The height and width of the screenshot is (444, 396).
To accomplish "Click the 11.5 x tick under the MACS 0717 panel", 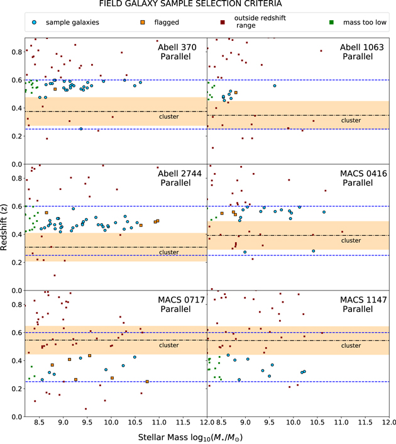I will (x=182, y=424).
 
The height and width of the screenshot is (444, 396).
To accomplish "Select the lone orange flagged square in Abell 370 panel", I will (x=55, y=89).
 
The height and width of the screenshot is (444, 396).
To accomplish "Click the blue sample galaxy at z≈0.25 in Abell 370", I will (x=80, y=129).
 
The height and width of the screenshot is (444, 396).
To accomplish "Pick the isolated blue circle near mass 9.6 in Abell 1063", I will (x=274, y=86).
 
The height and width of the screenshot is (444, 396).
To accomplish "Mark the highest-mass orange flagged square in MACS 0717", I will (x=147, y=381).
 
